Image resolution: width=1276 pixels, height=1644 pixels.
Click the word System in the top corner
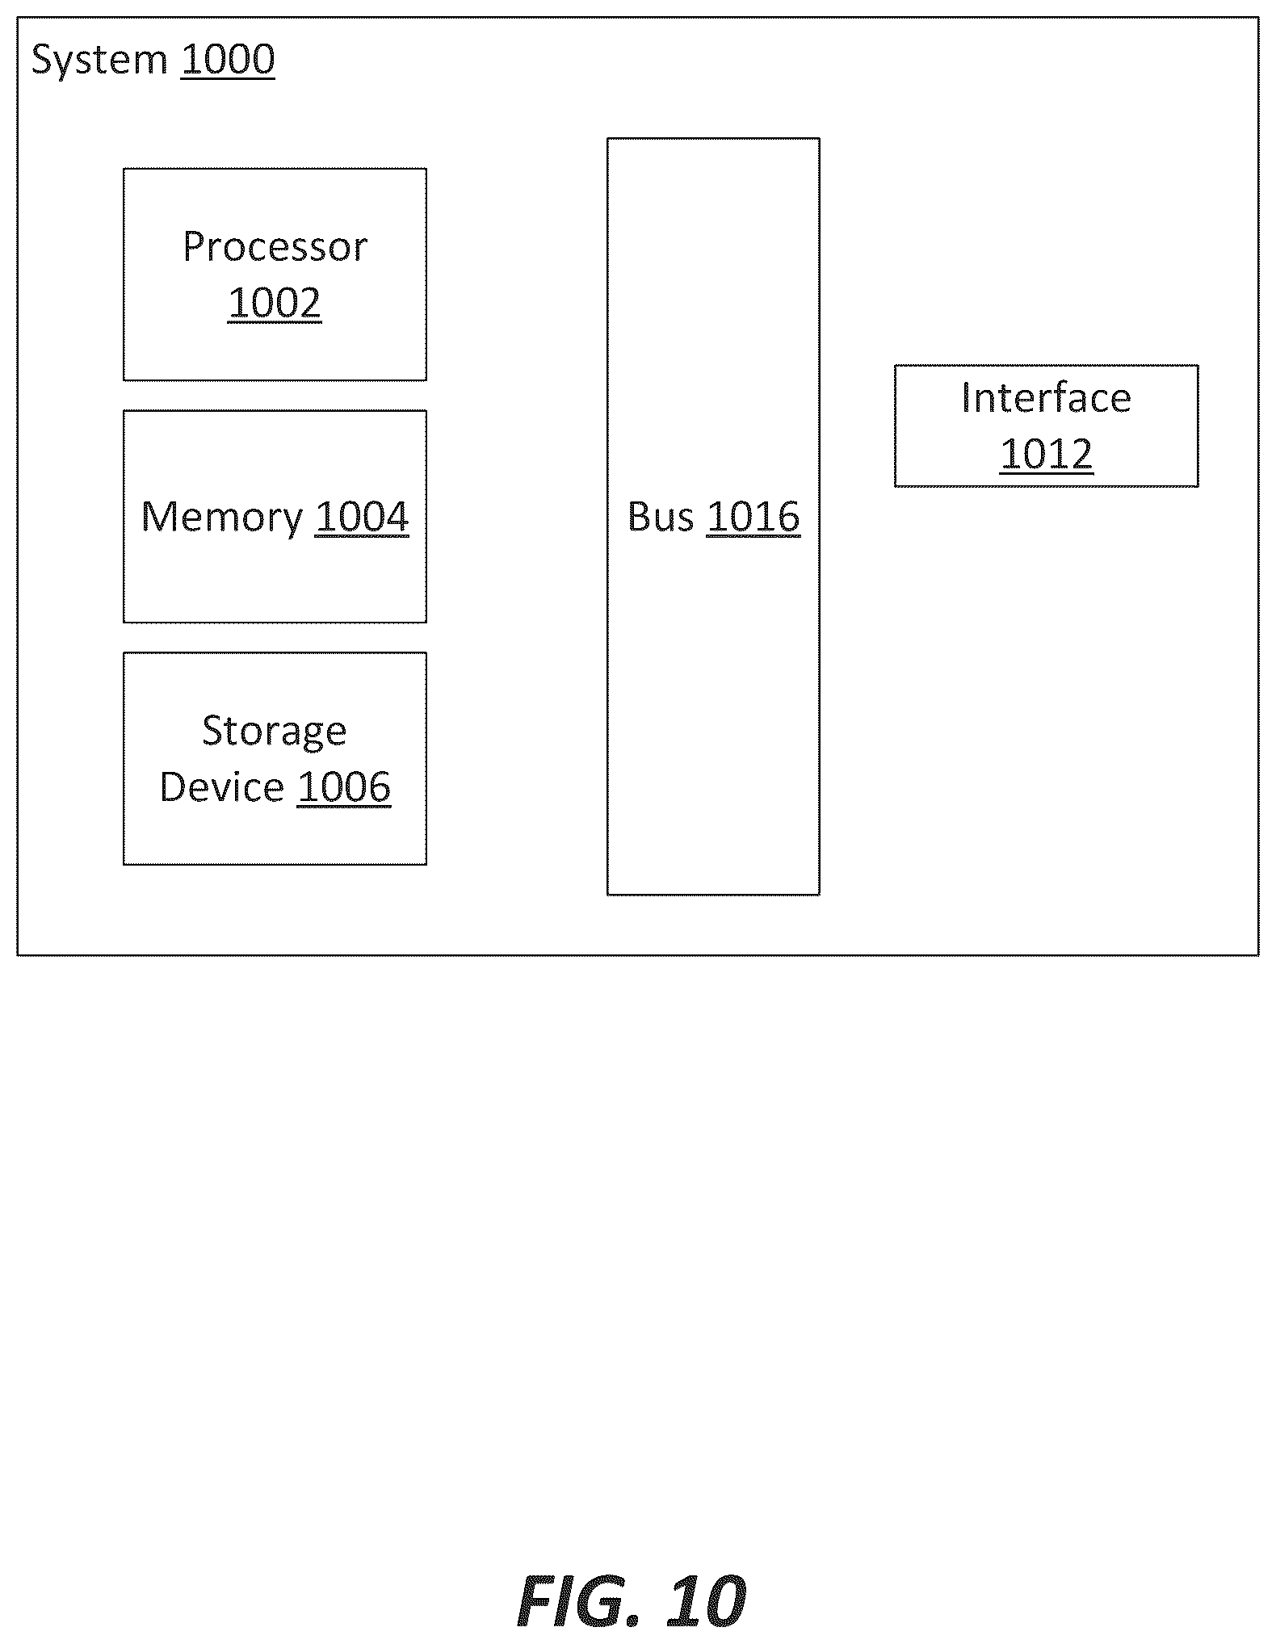pyautogui.click(x=99, y=61)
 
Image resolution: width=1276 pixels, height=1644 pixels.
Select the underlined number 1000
pyautogui.click(x=228, y=61)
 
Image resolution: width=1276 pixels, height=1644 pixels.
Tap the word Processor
pyautogui.click(x=275, y=246)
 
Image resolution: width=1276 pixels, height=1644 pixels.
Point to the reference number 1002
pyautogui.click(x=275, y=304)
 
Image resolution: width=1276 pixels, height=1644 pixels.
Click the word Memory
pyautogui.click(x=222, y=518)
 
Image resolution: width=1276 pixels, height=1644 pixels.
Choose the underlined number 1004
pyautogui.click(x=362, y=518)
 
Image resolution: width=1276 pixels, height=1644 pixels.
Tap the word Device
pyautogui.click(x=222, y=787)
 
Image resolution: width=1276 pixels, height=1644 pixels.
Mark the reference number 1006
pyautogui.click(x=344, y=787)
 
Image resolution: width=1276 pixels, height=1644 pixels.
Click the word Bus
pyautogui.click(x=661, y=517)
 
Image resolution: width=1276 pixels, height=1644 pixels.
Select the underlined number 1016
pyautogui.click(x=753, y=518)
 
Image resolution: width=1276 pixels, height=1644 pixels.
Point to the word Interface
pyautogui.click(x=1046, y=398)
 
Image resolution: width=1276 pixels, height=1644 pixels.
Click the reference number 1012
pyautogui.click(x=1046, y=454)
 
